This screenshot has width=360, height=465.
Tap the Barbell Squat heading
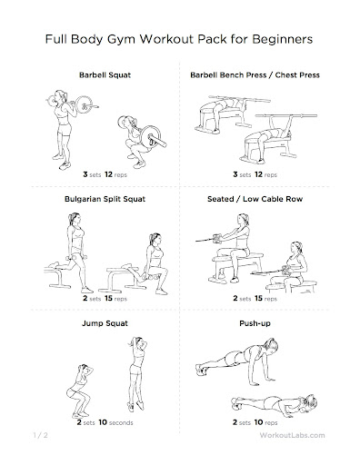(105, 75)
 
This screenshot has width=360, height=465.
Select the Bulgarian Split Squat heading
(105, 199)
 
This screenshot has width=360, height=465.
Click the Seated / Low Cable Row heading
(255, 199)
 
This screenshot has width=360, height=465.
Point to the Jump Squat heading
(105, 323)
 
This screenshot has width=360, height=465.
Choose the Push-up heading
(255, 323)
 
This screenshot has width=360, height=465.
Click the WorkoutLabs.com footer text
(292, 435)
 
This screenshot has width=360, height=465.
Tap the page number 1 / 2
(40, 435)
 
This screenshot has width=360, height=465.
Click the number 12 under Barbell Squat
(108, 174)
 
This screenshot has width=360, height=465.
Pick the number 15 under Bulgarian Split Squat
(108, 298)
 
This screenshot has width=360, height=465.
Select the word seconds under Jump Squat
(121, 422)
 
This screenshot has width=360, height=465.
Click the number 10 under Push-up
(258, 422)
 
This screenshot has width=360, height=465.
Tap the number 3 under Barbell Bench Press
(235, 174)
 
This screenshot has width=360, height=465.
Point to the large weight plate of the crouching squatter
(151, 136)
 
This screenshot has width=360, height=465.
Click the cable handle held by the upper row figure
(217, 239)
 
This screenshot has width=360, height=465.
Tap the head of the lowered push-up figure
(310, 403)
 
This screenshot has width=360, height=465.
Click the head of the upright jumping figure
(139, 343)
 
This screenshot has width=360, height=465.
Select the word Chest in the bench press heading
(285, 75)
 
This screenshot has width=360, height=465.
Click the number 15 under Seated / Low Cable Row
(258, 298)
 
